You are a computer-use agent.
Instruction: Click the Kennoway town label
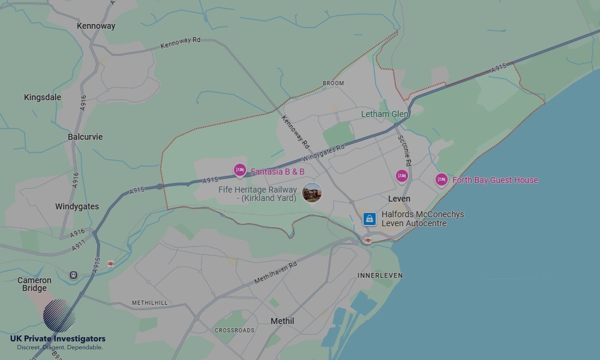96,26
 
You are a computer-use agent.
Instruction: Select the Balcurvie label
85,137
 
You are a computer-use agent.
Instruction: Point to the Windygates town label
77,207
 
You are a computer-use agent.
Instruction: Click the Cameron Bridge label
34,284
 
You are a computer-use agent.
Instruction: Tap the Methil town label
282,321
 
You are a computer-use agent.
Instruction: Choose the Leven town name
399,199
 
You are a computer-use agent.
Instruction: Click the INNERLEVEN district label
380,275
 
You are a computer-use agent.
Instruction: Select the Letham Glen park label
385,114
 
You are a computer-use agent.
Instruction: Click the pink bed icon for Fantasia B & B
240,171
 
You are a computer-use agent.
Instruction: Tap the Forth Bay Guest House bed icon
442,179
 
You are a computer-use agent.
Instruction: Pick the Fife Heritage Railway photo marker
312,193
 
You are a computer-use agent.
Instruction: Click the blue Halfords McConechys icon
370,219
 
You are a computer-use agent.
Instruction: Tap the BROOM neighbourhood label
333,83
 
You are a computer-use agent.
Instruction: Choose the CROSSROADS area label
235,331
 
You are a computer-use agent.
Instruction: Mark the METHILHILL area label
150,303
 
